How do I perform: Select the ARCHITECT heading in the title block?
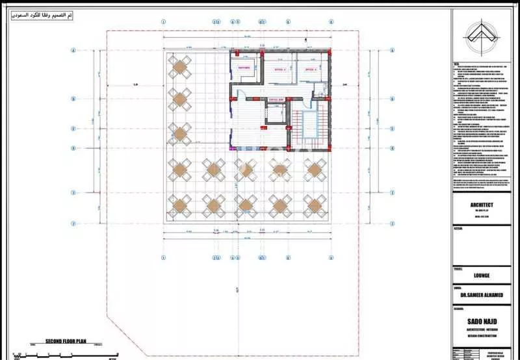(x=481, y=205)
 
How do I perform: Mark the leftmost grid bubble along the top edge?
(x=160, y=21)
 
